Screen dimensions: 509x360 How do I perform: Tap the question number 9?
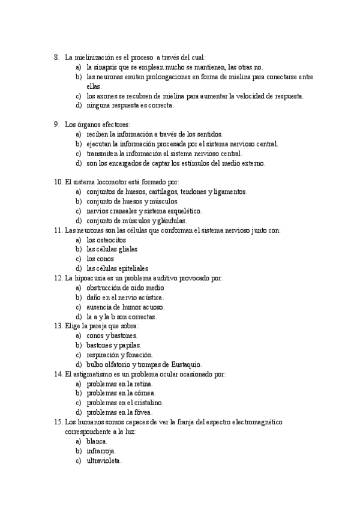pyautogui.click(x=56, y=125)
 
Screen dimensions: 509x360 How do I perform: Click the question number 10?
pyautogui.click(x=58, y=182)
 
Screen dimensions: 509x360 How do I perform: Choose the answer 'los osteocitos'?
pyautogui.click(x=106, y=239)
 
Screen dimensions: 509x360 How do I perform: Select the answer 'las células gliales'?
pyautogui.click(x=112, y=249)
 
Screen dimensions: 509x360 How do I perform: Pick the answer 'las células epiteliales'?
pyautogui.click(x=117, y=268)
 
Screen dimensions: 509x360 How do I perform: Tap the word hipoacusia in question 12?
pyautogui.click(x=91, y=278)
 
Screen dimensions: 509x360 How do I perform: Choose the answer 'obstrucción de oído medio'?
pyautogui.click(x=125, y=288)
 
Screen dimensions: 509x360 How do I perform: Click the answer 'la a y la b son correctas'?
pyautogui.click(x=122, y=316)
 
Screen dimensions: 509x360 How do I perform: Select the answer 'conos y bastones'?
pyautogui.click(x=112, y=336)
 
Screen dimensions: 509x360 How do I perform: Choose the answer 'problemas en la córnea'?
pyautogui.click(x=121, y=393)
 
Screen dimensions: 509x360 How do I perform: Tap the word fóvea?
pyautogui.click(x=143, y=412)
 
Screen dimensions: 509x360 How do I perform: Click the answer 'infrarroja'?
pyautogui.click(x=101, y=451)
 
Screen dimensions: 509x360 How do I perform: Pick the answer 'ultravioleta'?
pyautogui.click(x=104, y=460)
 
